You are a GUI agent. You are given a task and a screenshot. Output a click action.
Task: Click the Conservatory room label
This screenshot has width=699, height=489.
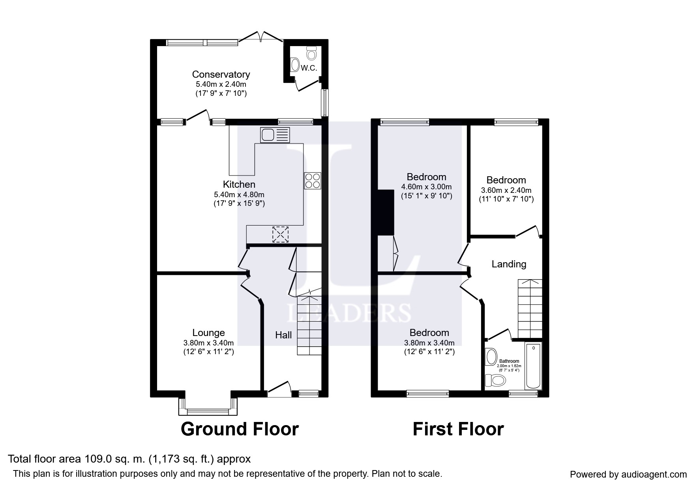pyautogui.click(x=221, y=75)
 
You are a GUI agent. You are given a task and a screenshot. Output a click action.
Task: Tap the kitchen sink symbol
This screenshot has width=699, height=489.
pyautogui.click(x=275, y=135)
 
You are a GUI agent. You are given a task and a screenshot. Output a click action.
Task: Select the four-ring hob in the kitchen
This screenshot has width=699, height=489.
pyautogui.click(x=312, y=181)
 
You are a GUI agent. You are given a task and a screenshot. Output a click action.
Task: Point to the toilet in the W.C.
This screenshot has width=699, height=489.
pyautogui.click(x=312, y=53)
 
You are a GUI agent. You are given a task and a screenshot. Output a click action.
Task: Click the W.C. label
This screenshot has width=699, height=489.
pyautogui.click(x=309, y=68)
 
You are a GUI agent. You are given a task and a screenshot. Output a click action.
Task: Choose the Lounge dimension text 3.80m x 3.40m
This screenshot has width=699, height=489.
pyautogui.click(x=208, y=343)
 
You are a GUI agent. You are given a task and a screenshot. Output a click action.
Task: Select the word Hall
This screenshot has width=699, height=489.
pyautogui.click(x=283, y=335)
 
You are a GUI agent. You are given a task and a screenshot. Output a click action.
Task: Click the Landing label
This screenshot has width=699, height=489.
pyautogui.click(x=509, y=264)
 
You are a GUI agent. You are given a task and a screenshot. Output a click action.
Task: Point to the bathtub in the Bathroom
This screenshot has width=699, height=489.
pyautogui.click(x=533, y=366)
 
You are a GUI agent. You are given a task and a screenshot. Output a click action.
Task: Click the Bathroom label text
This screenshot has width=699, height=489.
pyautogui.click(x=509, y=361)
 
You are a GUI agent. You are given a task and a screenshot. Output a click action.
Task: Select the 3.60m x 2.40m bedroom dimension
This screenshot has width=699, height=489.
pyautogui.click(x=506, y=190)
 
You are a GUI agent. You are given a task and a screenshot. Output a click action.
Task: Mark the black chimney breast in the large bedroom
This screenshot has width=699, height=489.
pyautogui.click(x=386, y=213)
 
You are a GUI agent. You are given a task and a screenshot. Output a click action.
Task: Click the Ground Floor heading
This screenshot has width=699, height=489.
pyautogui.click(x=240, y=429)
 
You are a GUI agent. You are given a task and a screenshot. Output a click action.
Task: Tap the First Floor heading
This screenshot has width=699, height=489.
pyautogui.click(x=458, y=429)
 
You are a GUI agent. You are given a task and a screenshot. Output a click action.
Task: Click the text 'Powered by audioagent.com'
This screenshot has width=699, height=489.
pyautogui.click(x=628, y=474)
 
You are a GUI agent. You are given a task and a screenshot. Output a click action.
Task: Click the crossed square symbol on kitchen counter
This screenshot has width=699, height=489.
pyautogui.click(x=280, y=234)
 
